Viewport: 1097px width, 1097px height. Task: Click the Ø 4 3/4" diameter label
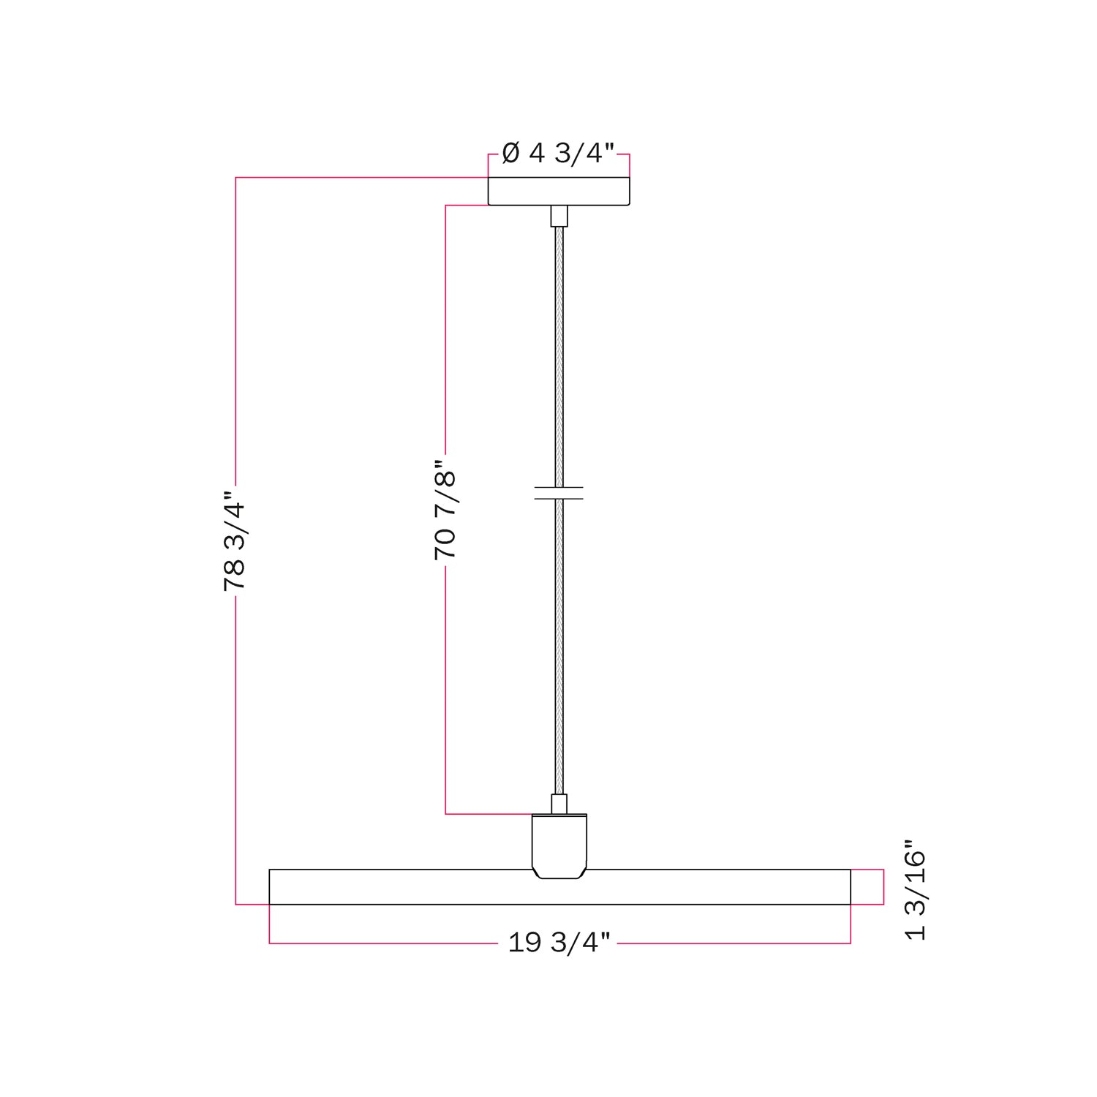(558, 154)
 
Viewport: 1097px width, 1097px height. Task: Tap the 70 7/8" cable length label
(445, 510)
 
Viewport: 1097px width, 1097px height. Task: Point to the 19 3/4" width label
(559, 943)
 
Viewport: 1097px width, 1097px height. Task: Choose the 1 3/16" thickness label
(916, 895)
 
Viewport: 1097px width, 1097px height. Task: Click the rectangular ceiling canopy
(559, 192)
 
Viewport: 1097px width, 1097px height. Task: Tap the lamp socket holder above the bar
(559, 846)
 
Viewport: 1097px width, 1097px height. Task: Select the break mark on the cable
(559, 493)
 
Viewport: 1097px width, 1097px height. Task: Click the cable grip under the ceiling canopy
(559, 216)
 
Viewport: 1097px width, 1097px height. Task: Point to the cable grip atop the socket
(559, 804)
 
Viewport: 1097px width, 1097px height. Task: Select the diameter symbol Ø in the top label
(511, 154)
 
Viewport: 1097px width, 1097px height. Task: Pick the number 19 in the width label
(524, 943)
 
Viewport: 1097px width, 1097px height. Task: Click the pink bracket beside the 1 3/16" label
(883, 887)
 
